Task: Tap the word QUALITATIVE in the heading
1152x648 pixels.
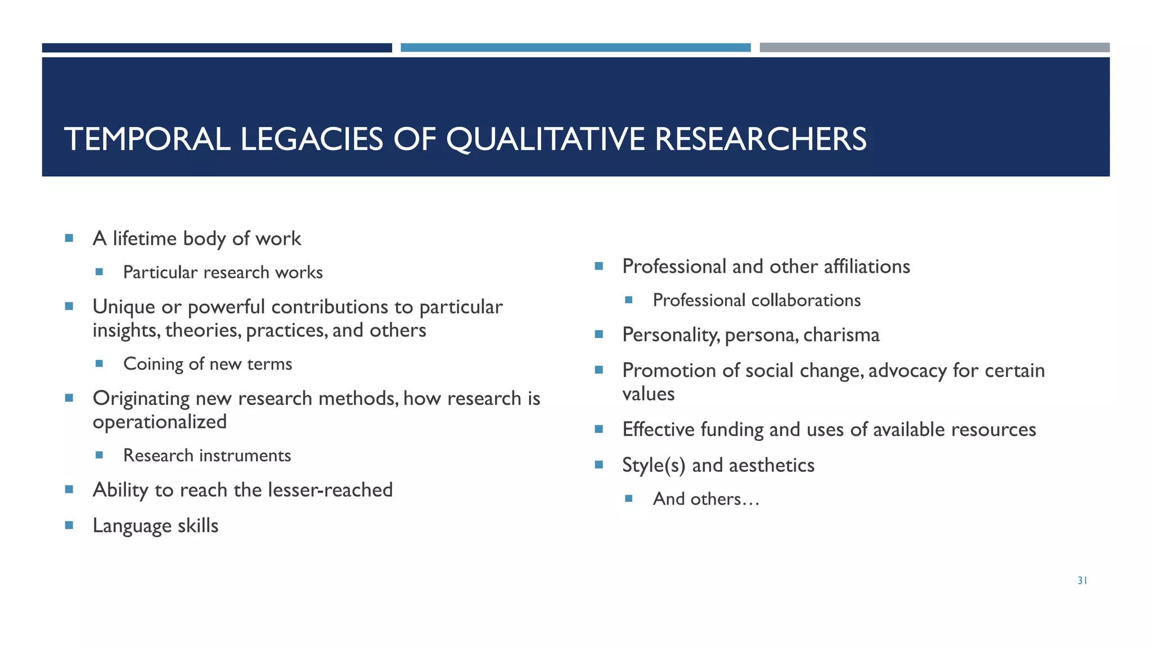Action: [545, 139]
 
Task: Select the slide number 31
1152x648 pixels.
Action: [1082, 580]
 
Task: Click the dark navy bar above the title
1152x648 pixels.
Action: [217, 48]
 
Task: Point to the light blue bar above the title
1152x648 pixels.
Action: [575, 48]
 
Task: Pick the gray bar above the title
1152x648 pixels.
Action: [934, 48]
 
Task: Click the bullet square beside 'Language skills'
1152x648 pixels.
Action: [69, 525]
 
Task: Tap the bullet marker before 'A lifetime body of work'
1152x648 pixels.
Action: [69, 238]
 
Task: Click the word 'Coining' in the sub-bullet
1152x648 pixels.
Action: [154, 364]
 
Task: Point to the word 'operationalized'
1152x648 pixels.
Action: [160, 422]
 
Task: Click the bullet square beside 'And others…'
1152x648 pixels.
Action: [629, 498]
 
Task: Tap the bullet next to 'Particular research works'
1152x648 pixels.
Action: [100, 272]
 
